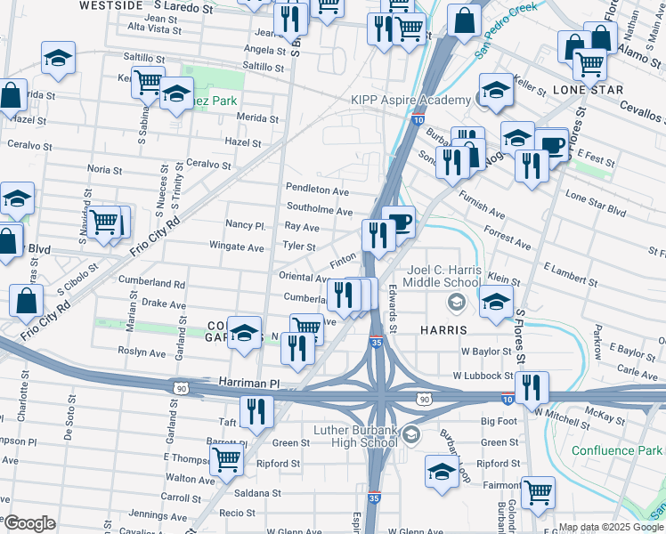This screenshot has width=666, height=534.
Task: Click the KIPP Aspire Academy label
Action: pos(413,101)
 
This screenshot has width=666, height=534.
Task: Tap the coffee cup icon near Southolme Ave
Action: pos(397,222)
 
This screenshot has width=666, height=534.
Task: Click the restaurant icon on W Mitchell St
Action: pos(531,387)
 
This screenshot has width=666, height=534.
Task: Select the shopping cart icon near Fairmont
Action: pos(538,491)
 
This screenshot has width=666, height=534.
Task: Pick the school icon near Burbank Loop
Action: pos(442,471)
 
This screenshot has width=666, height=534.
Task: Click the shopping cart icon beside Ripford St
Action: pos(227,460)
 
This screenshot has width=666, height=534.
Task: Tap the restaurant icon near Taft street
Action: pos(256,411)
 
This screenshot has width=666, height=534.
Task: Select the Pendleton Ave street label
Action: pos(316,190)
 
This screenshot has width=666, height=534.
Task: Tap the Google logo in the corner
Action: pos(29,522)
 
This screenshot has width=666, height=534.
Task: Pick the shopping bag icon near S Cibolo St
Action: pos(27,302)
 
